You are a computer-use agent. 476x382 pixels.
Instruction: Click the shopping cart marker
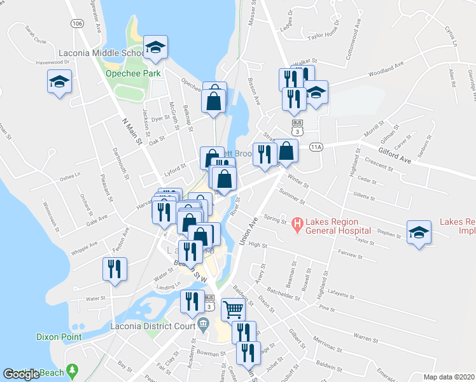[234, 309]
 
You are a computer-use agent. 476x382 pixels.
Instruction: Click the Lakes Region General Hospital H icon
[297, 223]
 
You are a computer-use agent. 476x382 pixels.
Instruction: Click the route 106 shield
[78, 24]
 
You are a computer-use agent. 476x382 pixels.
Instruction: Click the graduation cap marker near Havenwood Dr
[60, 82]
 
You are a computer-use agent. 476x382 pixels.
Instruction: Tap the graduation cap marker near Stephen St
[419, 232]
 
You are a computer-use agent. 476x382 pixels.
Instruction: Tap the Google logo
[22, 374]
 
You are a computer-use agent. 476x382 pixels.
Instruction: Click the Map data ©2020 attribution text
[449, 377]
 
